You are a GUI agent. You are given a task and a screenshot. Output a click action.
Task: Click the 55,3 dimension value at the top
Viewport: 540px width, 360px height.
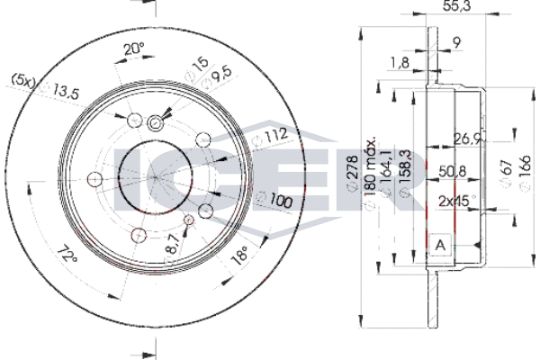[456, 6]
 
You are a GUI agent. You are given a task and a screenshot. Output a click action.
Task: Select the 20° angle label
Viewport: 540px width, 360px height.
[133, 49]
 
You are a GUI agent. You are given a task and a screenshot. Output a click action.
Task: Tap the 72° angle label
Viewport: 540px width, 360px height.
[66, 254]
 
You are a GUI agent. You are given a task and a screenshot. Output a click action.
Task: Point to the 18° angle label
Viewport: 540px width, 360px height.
[240, 255]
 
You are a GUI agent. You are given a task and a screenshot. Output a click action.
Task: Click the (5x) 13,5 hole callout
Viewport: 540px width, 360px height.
[46, 86]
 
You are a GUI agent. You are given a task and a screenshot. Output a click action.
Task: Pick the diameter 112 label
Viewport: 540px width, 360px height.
[270, 137]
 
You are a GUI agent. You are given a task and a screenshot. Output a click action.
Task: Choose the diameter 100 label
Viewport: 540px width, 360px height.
[275, 200]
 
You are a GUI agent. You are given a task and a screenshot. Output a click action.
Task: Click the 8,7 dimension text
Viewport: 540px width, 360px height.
[173, 244]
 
